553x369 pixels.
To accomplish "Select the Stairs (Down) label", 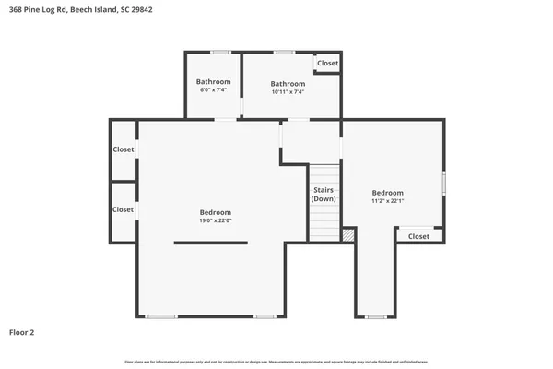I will (324, 195).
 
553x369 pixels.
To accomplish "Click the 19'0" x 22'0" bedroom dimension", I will (215, 220).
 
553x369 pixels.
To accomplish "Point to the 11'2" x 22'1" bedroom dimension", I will (388, 200).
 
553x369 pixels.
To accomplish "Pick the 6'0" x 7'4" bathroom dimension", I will (213, 91).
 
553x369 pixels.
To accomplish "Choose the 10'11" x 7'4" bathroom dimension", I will (288, 91).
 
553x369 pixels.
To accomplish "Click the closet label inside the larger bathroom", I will (327, 64).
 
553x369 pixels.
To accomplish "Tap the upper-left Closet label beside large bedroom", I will (123, 149).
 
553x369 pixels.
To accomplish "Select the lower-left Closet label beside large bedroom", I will (123, 209).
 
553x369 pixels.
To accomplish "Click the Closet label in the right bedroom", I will (418, 236).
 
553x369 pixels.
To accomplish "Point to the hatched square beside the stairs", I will (347, 235).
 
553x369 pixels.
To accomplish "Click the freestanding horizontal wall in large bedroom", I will (210, 243).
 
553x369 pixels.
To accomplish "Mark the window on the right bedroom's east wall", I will (444, 183).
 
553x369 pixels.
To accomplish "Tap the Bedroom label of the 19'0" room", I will (215, 212).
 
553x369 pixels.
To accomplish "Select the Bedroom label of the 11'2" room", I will (388, 193).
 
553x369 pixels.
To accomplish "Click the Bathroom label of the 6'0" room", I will (213, 82).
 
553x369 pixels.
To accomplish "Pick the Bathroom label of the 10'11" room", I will (288, 83).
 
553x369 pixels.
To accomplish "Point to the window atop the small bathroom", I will (220, 52).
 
